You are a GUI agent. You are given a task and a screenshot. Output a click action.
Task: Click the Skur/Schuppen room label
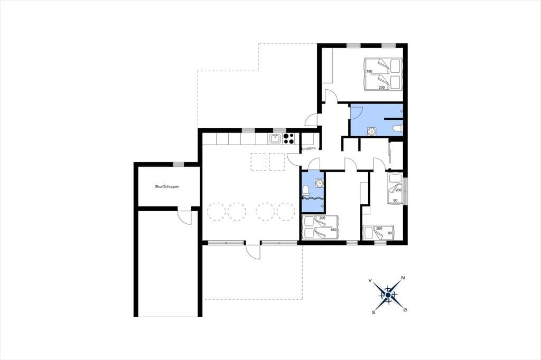[167, 186]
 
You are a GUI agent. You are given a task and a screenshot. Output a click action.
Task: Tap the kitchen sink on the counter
[275, 139]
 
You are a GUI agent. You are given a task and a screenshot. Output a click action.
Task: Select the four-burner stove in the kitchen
[288, 138]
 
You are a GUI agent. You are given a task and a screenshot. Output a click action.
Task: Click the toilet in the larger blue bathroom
[397, 129]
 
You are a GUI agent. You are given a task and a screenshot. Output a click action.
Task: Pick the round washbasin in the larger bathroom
[372, 131]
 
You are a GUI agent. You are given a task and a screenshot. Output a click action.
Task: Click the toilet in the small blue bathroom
[305, 190]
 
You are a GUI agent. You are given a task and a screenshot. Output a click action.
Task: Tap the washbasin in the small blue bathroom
[320, 183]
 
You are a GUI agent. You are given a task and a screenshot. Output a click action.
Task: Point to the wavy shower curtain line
[312, 198]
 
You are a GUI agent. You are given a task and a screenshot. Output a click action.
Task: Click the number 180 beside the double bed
[369, 71]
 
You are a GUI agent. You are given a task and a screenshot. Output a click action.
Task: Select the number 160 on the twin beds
[333, 230]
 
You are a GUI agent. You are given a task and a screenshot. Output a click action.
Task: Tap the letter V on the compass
[370, 281]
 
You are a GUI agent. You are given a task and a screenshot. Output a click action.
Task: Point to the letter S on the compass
[374, 312]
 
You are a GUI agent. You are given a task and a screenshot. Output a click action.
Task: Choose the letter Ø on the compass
[405, 310]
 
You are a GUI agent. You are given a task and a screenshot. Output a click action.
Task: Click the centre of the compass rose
[388, 295]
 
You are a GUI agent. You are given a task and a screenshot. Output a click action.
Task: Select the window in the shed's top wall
[179, 164]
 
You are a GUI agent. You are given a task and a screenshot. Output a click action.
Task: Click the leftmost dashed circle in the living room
[216, 211]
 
